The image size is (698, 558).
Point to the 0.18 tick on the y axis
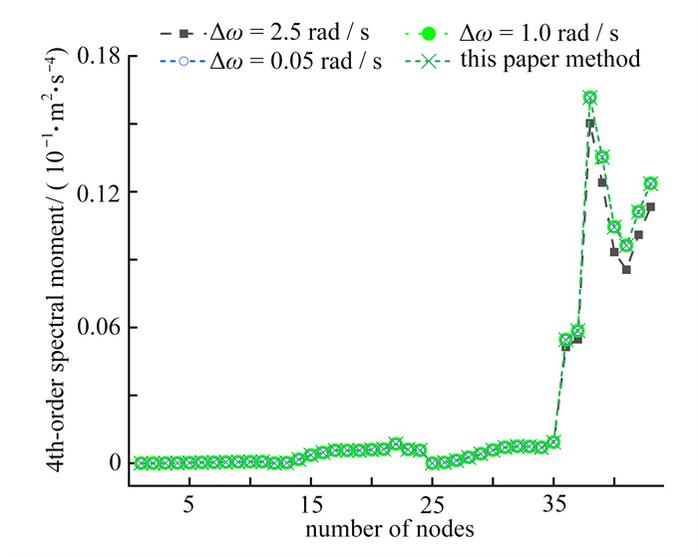[95, 57]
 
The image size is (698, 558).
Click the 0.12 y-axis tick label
[95, 192]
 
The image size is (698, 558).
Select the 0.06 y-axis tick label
[95, 328]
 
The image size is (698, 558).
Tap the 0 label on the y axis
[113, 463]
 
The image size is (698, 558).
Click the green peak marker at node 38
[590, 98]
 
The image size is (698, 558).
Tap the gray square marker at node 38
[590, 124]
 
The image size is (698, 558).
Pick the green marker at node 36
[565, 340]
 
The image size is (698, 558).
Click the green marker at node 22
[396, 444]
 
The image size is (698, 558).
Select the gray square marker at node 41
[626, 269]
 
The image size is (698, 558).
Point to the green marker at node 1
[141, 463]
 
